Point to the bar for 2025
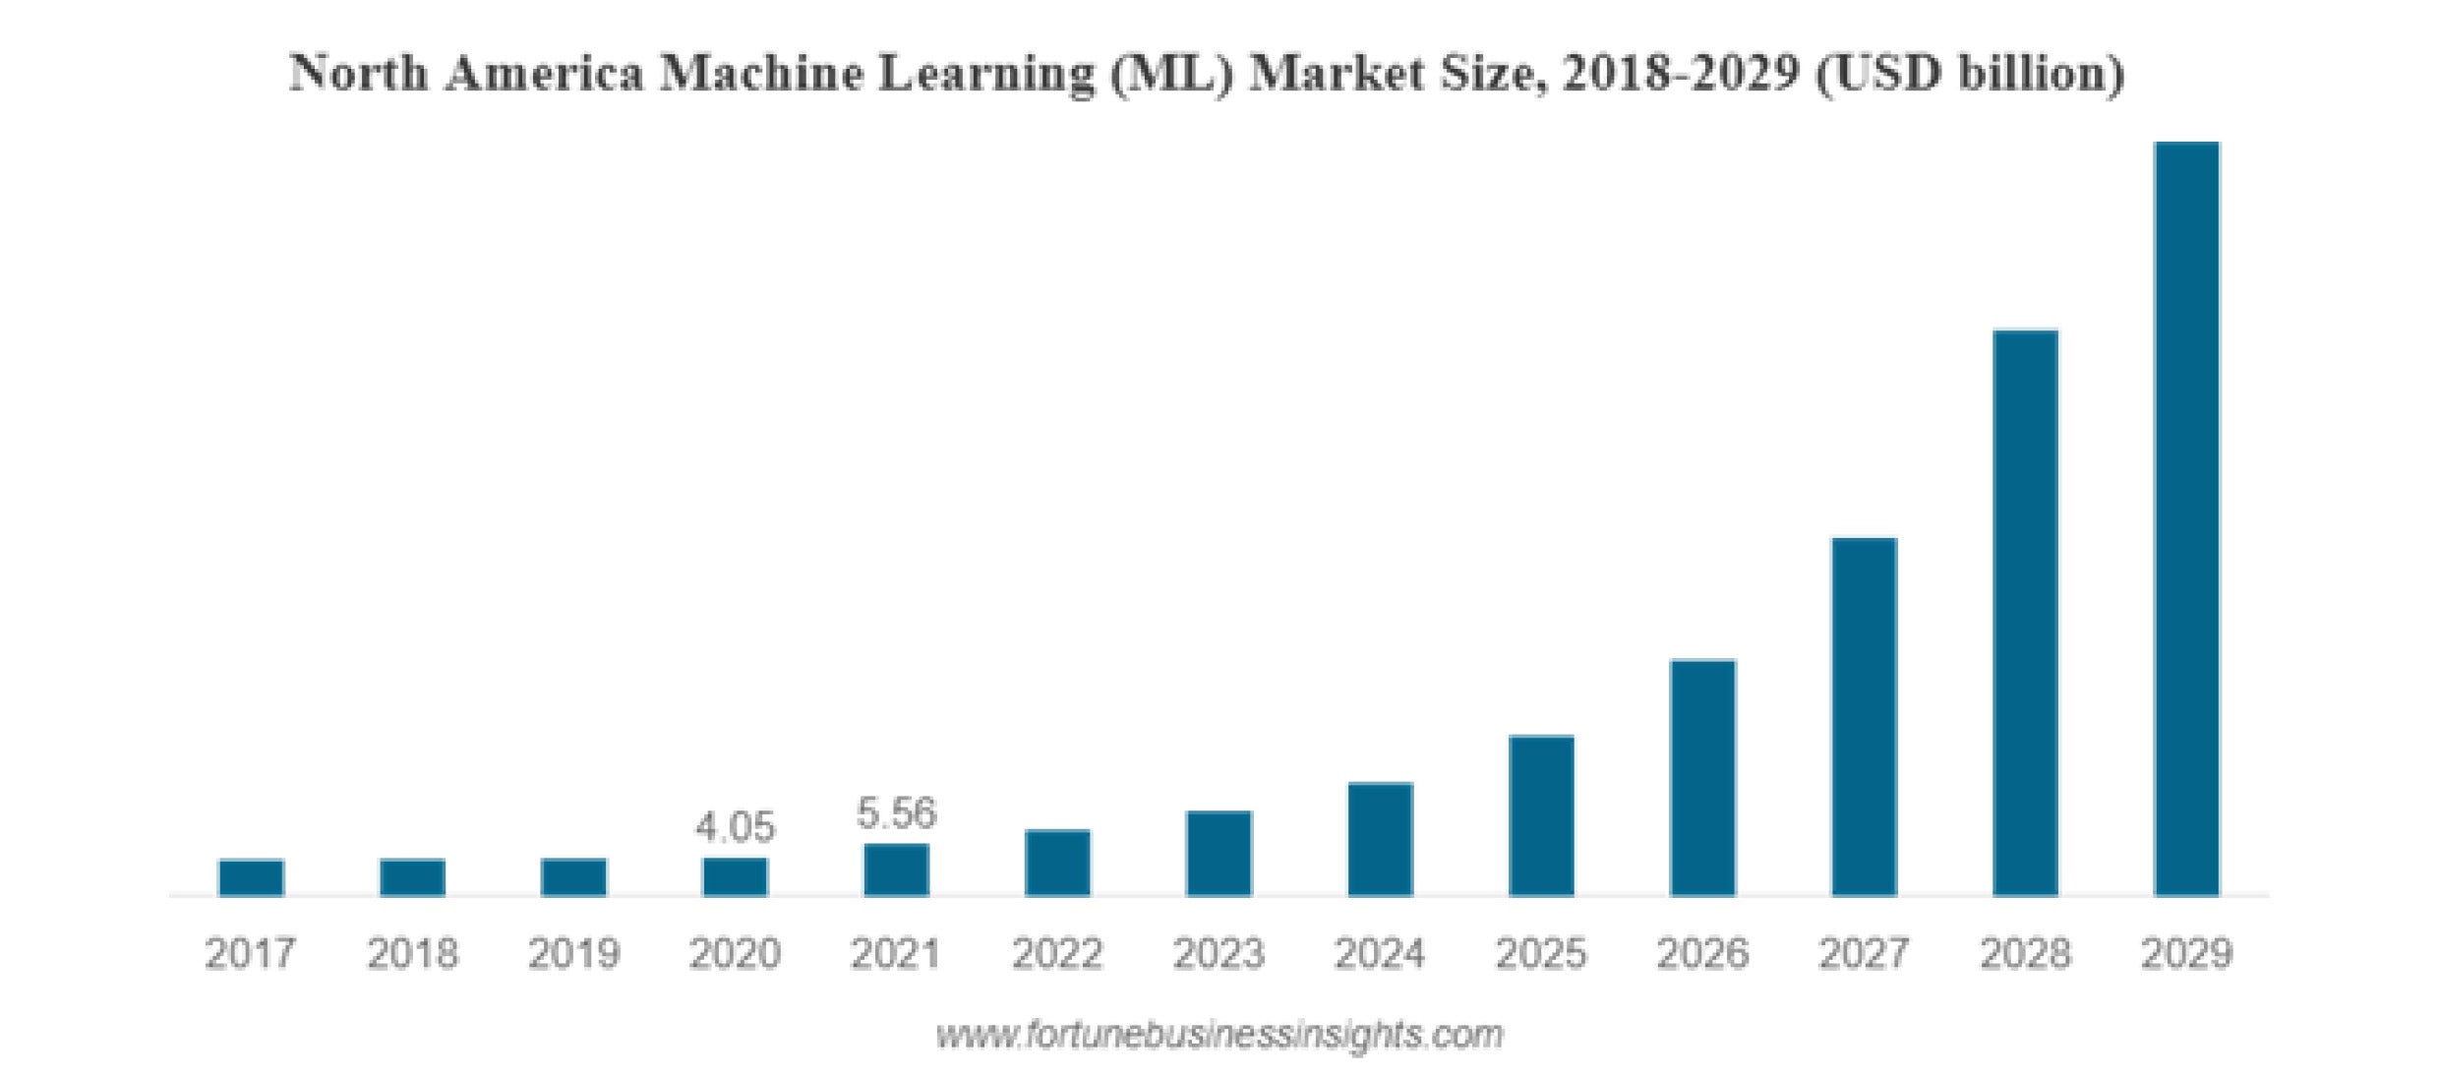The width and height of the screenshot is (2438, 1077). pyautogui.click(x=1541, y=815)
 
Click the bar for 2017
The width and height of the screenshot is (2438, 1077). pyautogui.click(x=251, y=877)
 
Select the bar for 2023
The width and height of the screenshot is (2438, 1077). pyautogui.click(x=1219, y=853)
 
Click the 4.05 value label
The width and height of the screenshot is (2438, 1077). pyautogui.click(x=735, y=827)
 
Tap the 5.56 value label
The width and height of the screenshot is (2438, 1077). pyautogui.click(x=896, y=813)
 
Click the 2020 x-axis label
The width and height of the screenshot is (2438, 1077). pyautogui.click(x=735, y=953)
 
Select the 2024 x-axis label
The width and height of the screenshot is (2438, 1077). pyautogui.click(x=1380, y=953)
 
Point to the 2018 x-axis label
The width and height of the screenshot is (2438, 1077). pyautogui.click(x=412, y=953)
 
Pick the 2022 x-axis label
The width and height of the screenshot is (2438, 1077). pyautogui.click(x=1057, y=953)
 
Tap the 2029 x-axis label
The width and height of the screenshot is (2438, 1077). pyautogui.click(x=2186, y=953)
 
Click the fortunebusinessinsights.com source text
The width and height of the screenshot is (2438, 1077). pyautogui.click(x=1219, y=1035)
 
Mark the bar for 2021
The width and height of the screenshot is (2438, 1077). pyautogui.click(x=896, y=869)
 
